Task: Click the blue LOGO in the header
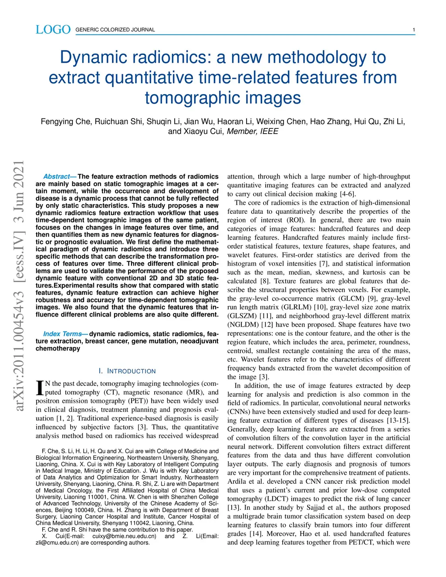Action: coord(53,30)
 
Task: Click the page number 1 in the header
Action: coord(413,30)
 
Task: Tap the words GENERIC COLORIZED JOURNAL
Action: coord(115,30)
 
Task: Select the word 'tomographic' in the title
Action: coord(198,98)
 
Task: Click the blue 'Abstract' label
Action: coord(57,177)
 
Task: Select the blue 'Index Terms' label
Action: coord(63,334)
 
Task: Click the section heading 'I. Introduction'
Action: coord(127,371)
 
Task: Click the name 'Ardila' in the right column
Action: coord(237,482)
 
